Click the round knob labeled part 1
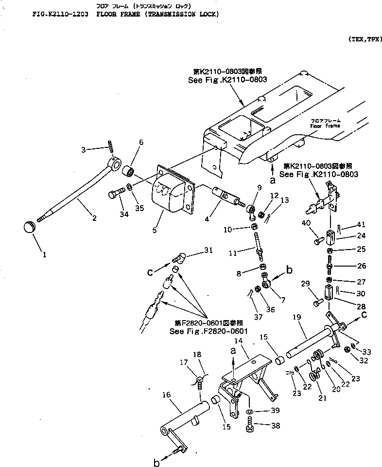(31, 227)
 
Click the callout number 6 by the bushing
(141, 142)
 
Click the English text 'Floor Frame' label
(326, 125)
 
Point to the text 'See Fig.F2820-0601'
(209, 331)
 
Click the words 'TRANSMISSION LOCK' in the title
(179, 15)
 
